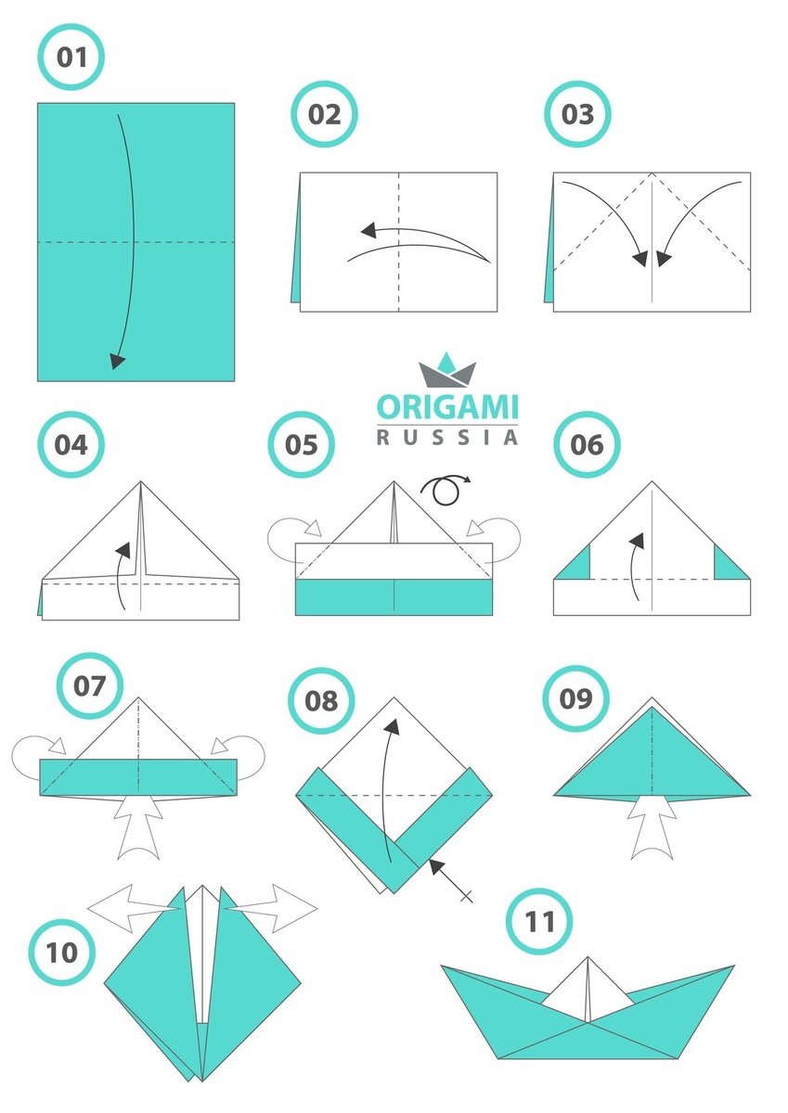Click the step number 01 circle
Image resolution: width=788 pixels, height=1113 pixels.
point(71,57)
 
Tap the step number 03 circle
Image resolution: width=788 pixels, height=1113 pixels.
point(577,114)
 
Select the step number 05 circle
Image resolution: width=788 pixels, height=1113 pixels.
point(302,444)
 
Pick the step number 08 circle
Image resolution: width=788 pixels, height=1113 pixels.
point(321,700)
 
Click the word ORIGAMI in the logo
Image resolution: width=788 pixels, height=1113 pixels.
point(447,407)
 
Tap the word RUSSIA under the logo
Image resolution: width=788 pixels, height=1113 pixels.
point(447,438)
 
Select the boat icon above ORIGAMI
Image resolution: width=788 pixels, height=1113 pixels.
point(447,370)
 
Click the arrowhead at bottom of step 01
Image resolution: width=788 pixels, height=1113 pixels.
point(117,362)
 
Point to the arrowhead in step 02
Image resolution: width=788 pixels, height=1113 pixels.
point(368,230)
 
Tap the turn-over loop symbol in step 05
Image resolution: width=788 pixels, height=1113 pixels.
point(446,490)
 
